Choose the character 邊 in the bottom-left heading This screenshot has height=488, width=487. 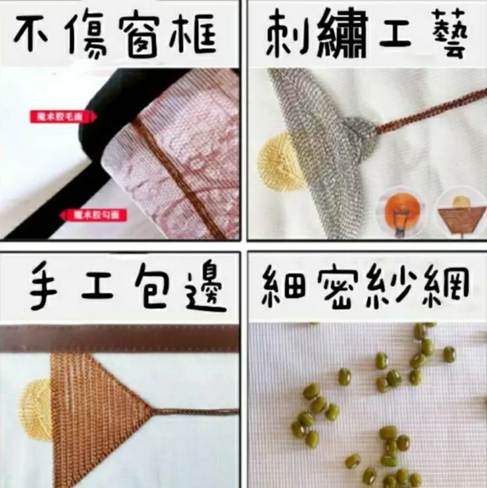[x=201, y=287]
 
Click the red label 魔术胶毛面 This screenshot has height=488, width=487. [x=63, y=117]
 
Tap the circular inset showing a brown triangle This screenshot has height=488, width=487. [x=461, y=212]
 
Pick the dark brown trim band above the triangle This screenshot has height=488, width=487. [x=118, y=337]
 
